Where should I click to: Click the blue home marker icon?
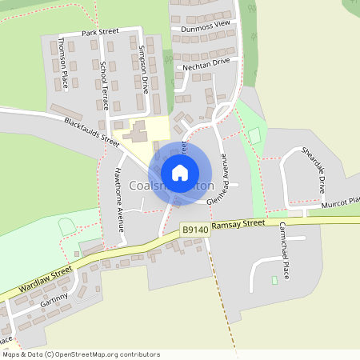coord(180,172)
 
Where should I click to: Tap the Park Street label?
coord(101,32)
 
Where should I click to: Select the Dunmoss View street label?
coord(205,26)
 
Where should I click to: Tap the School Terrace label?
coord(104,86)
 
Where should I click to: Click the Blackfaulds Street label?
coord(91,132)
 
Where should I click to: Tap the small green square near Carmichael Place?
coord(274,280)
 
